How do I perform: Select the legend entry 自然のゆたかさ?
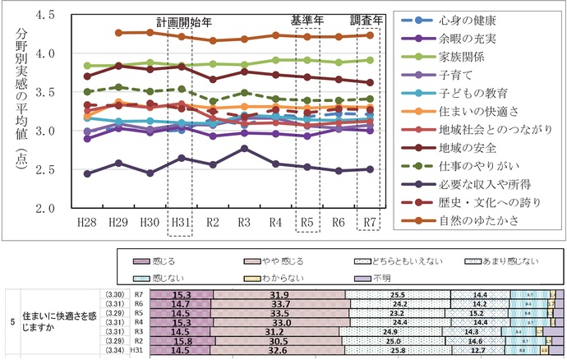point(468,220)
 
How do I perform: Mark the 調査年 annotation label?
point(366,19)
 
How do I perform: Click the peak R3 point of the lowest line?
point(245,148)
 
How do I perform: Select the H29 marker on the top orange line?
point(119,33)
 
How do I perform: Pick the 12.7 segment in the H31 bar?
point(477,350)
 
